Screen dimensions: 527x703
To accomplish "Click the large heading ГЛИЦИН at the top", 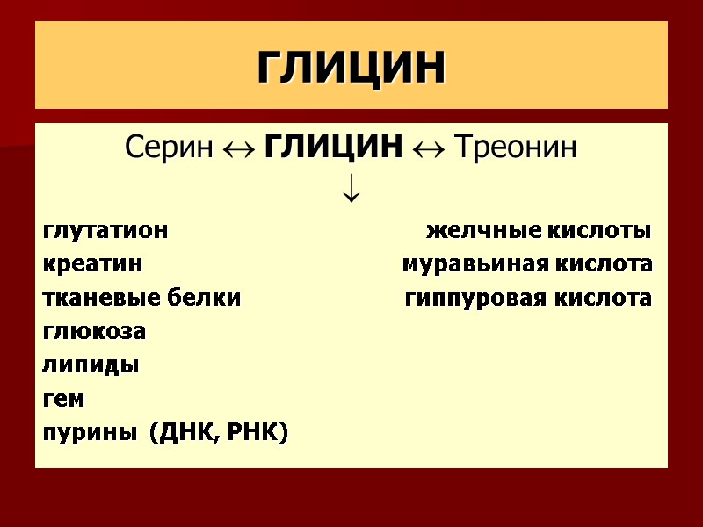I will tap(351, 67).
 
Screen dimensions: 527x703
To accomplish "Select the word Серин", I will tap(168, 148).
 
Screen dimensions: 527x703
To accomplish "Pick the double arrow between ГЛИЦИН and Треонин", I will tap(424, 148).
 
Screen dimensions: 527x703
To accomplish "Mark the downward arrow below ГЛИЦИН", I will tap(351, 188).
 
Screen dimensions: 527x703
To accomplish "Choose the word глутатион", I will tap(105, 232).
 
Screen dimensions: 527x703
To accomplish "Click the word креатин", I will tap(92, 265).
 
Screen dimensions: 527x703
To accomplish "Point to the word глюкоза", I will tap(94, 332).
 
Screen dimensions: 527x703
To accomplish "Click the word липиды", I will tap(91, 365).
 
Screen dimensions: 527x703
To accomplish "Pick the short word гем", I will tap(63, 399).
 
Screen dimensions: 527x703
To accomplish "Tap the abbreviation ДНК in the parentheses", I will tap(181, 432).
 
